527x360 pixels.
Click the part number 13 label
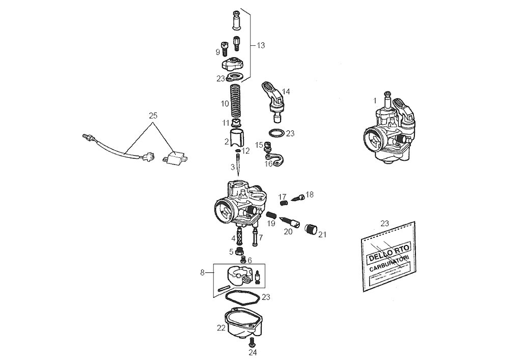tap(261, 45)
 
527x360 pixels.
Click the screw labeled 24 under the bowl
tap(253, 342)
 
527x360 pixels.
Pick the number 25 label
tap(153, 116)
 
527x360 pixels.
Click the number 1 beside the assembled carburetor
tap(375, 101)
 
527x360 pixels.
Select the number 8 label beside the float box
tap(203, 273)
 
